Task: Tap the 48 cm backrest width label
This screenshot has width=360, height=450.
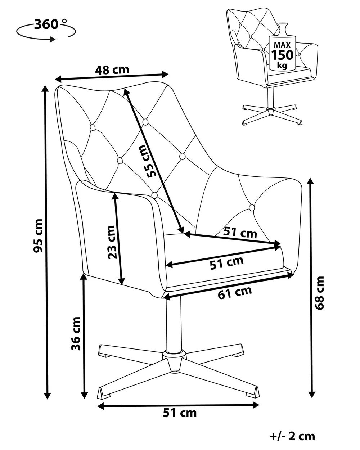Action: [112, 70]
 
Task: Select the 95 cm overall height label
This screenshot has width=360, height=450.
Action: [38, 235]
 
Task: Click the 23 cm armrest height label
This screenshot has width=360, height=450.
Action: [112, 242]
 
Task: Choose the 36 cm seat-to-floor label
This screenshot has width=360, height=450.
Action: [76, 333]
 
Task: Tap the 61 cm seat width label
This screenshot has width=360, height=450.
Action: [235, 293]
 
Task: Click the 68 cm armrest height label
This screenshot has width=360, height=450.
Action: [319, 293]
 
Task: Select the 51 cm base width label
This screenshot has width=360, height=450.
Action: [180, 413]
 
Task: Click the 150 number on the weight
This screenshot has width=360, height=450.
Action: [282, 55]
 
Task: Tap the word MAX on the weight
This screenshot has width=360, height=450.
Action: [282, 45]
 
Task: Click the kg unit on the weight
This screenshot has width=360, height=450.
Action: [282, 65]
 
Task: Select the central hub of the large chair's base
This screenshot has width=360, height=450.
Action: [175, 359]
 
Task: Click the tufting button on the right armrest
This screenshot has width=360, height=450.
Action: [252, 207]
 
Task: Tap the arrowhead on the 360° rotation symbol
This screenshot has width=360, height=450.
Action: [52, 39]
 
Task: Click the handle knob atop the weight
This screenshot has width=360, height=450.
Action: [283, 25]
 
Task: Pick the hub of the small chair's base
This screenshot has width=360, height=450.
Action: [271, 111]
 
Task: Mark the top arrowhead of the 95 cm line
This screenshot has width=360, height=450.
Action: [45, 89]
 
